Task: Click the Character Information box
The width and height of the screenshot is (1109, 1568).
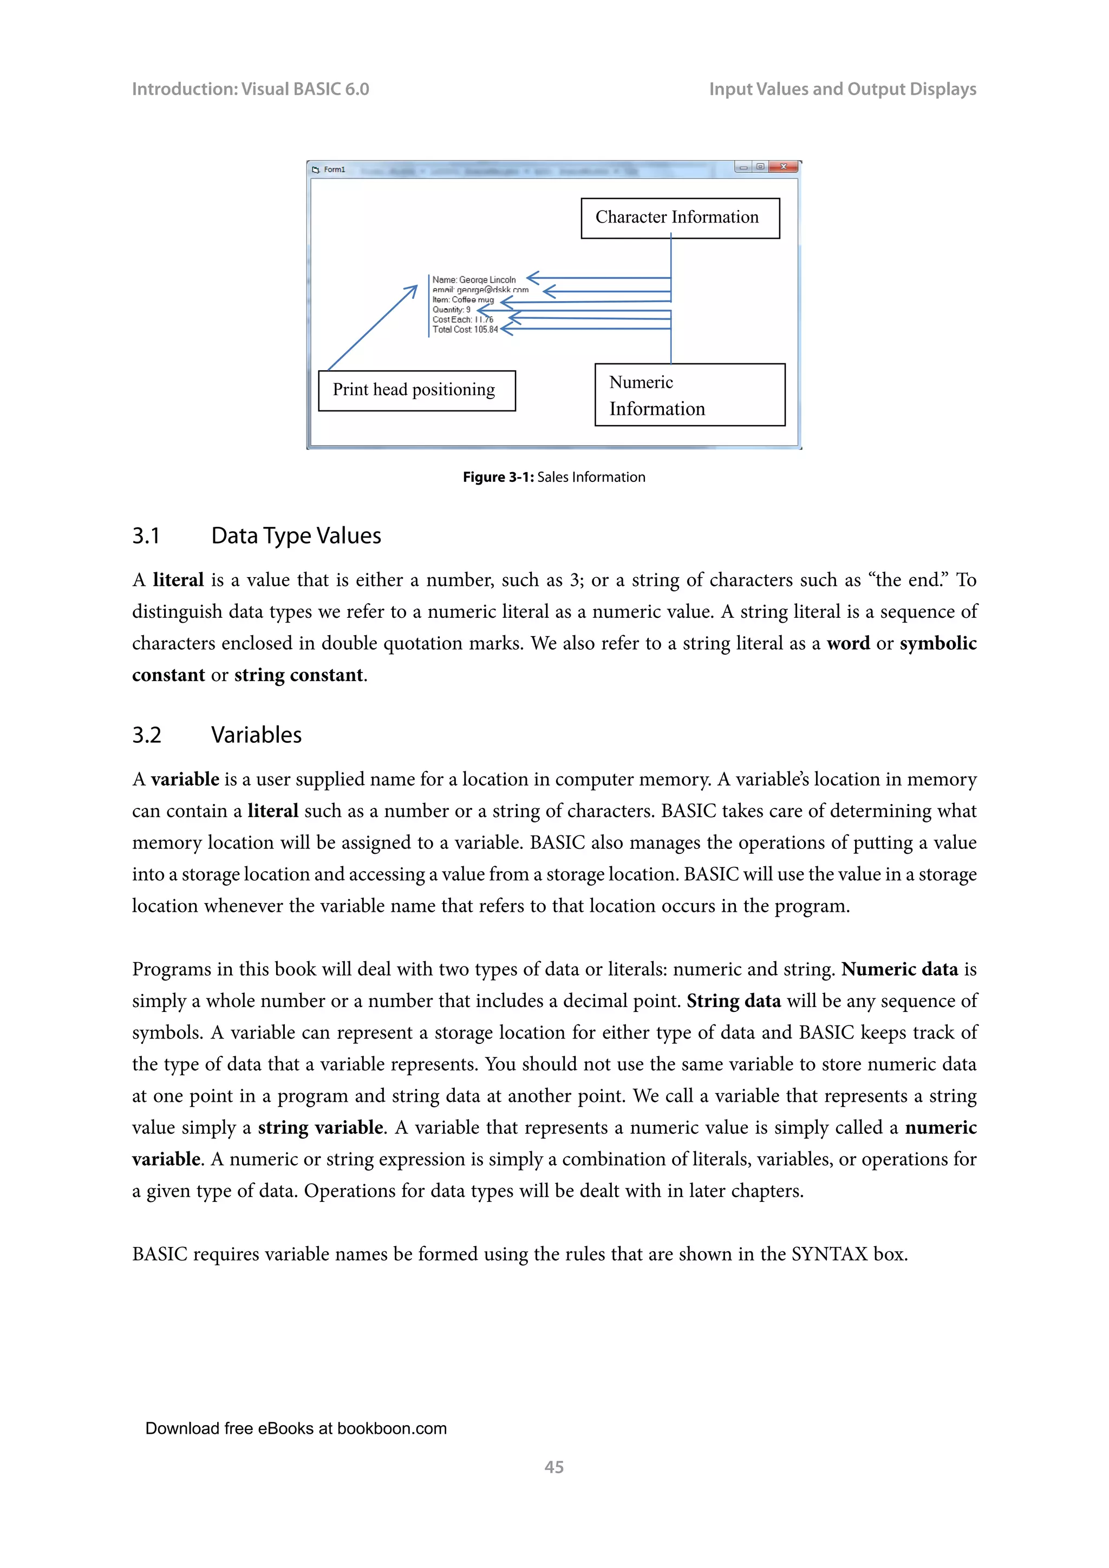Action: click(x=680, y=218)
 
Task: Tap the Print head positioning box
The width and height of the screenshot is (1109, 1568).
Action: click(x=416, y=390)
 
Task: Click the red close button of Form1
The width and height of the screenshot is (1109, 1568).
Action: click(x=783, y=167)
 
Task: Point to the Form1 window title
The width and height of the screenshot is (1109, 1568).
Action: click(x=334, y=169)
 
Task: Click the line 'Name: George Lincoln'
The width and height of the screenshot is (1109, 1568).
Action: click(x=474, y=279)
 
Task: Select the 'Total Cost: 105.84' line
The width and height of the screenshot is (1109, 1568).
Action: click(x=465, y=330)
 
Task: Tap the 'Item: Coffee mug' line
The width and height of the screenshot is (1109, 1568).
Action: click(x=462, y=300)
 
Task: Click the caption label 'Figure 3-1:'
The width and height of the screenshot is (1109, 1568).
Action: click(x=498, y=478)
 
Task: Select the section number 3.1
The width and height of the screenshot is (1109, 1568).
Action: click(x=146, y=536)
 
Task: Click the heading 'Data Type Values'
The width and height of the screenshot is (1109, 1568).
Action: click(x=296, y=536)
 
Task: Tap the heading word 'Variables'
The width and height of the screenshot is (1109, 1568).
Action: click(x=256, y=735)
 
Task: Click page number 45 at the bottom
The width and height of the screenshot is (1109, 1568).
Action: click(x=554, y=1467)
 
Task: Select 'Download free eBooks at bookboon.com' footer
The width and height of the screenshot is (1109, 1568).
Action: click(x=296, y=1429)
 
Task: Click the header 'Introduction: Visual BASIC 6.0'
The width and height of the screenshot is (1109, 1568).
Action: click(x=250, y=89)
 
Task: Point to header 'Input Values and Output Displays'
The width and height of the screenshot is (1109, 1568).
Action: click(x=842, y=89)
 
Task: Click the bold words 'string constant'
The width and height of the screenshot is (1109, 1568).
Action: click(x=298, y=675)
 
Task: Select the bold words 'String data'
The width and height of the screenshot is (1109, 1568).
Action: click(x=733, y=1001)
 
